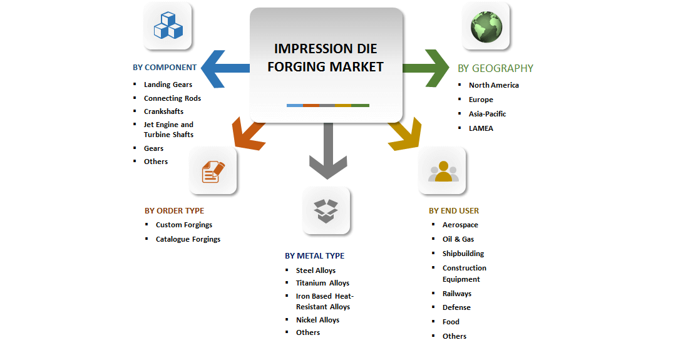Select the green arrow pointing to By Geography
[x=426, y=67]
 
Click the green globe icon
[x=486, y=26]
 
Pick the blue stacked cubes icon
[x=168, y=26]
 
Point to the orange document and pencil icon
[x=213, y=171]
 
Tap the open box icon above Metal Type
[x=326, y=210]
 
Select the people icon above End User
[x=443, y=171]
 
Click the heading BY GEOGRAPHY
[x=495, y=68]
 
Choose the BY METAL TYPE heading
[x=314, y=255]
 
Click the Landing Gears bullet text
[x=168, y=85]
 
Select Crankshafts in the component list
[x=163, y=111]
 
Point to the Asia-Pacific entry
[x=487, y=114]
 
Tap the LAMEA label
[x=481, y=128]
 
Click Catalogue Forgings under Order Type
[x=188, y=239]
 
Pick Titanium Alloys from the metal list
[x=322, y=283]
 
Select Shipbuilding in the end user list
[x=463, y=254]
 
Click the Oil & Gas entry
[x=458, y=239]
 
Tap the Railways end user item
[x=456, y=294]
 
